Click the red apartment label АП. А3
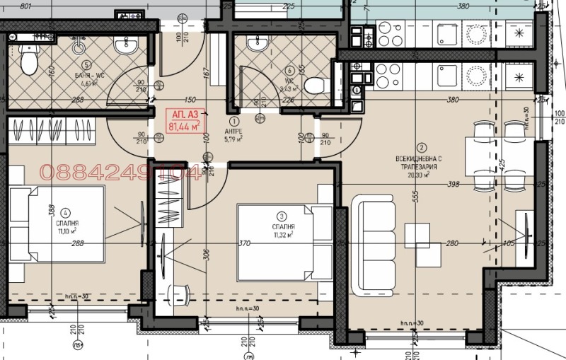[183, 113]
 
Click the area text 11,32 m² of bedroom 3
[282, 235]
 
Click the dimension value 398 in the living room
[454, 184]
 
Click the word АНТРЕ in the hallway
[233, 131]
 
